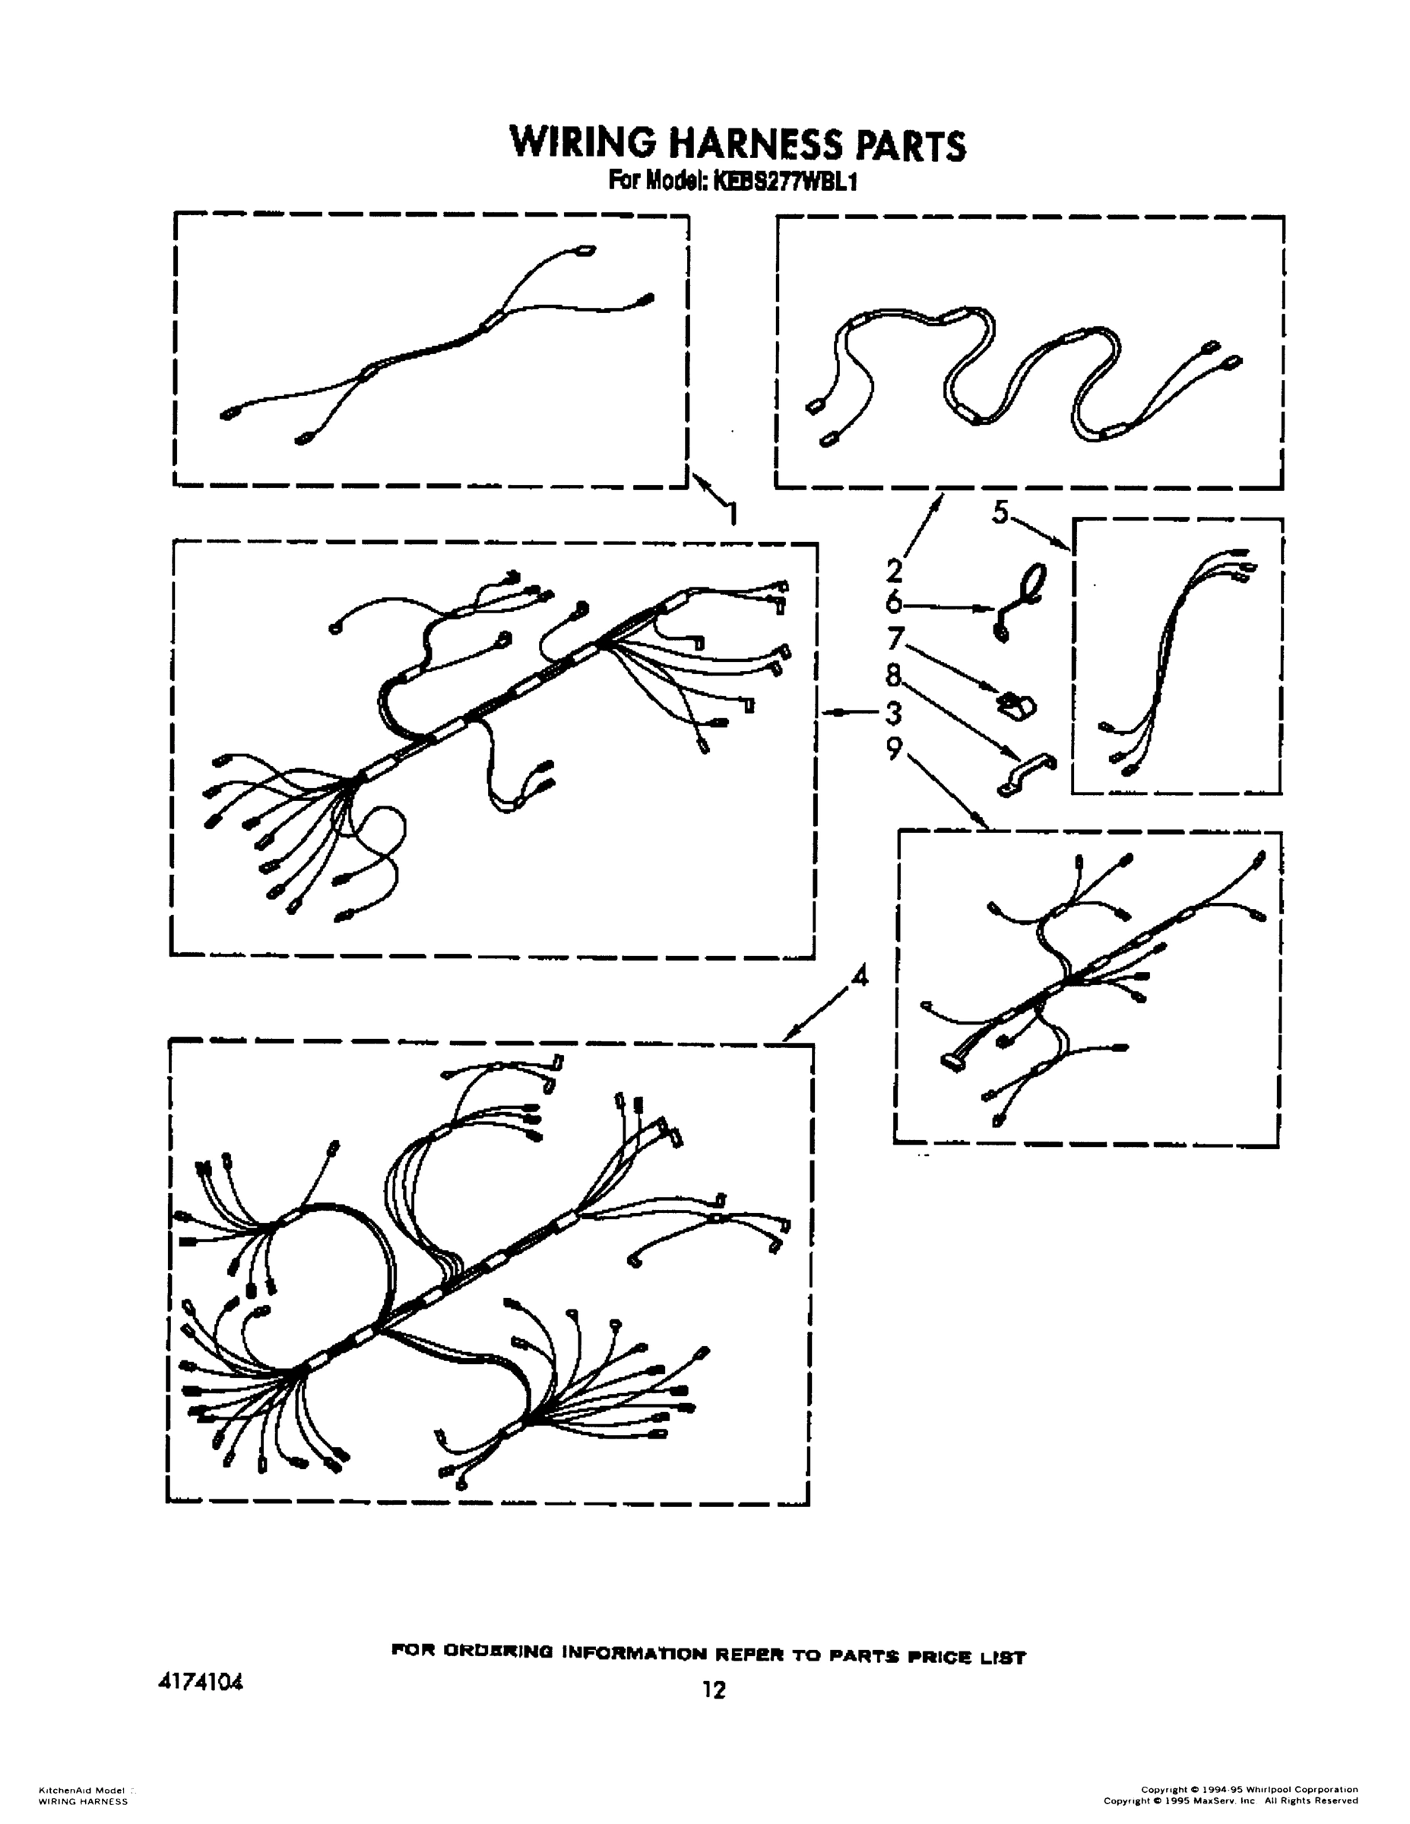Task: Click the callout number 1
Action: pos(732,514)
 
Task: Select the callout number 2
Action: pos(894,571)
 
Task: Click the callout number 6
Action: pos(894,603)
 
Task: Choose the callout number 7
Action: pos(895,640)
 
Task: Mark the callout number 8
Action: pos(894,675)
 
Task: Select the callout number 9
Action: pos(895,750)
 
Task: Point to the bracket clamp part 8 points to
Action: pos(1027,774)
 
